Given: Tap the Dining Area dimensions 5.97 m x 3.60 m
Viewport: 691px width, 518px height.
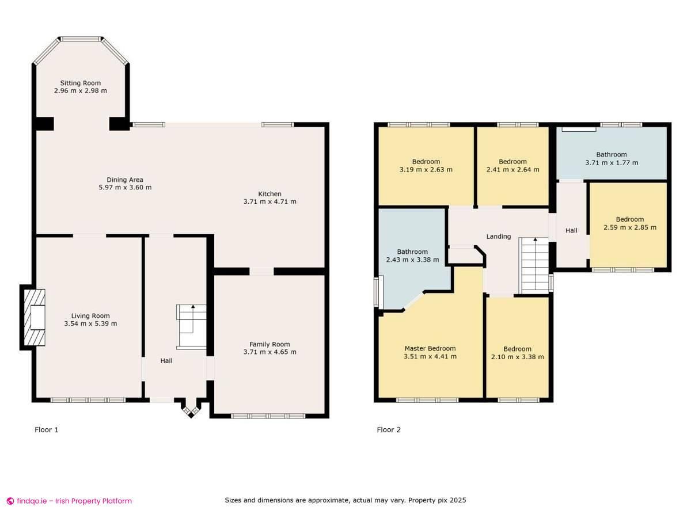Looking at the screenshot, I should (125, 187).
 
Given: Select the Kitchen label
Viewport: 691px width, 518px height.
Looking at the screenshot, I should (269, 194).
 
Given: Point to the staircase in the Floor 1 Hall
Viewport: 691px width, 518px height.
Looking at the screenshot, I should (191, 327).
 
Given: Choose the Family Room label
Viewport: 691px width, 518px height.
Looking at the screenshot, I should (269, 344).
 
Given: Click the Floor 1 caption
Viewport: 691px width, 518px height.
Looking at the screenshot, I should (47, 430).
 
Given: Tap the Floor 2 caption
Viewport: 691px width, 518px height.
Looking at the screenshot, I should (389, 430).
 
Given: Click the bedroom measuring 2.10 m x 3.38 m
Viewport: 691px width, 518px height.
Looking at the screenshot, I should (517, 353).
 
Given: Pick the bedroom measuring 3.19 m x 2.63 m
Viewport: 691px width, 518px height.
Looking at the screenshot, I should (426, 165).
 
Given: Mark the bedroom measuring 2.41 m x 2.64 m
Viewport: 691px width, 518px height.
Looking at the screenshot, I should (512, 165).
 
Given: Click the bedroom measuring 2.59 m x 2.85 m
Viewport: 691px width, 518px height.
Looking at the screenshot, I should (629, 223).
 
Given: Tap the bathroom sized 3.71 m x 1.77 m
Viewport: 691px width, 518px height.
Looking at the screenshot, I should (612, 158).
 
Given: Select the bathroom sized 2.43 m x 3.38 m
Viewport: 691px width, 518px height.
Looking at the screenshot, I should (412, 256).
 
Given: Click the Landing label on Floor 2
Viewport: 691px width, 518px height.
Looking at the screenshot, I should (499, 237).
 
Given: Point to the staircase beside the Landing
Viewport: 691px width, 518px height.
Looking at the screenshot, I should (535, 266).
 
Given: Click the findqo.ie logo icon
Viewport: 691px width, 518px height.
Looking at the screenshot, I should (10, 501).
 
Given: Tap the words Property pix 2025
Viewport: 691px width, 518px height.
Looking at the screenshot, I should (437, 501).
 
